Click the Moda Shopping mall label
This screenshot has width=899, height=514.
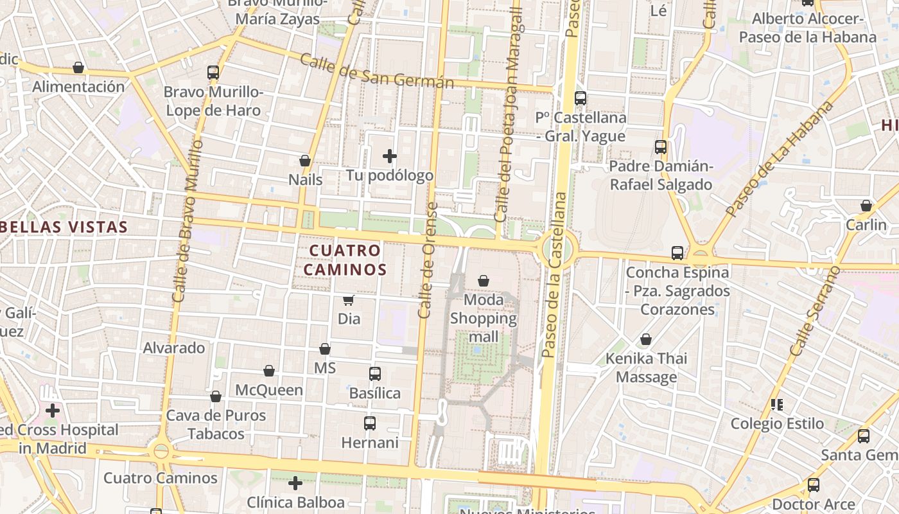click(x=483, y=318)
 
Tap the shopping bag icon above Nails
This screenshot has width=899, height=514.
click(x=305, y=161)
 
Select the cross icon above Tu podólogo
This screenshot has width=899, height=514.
click(x=390, y=156)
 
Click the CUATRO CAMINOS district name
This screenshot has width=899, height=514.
click(x=345, y=260)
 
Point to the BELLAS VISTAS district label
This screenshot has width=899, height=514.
click(x=64, y=227)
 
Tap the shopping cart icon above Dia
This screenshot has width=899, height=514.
click(x=348, y=300)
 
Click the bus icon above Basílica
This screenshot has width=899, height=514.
click(x=375, y=373)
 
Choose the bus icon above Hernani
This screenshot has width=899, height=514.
click(x=370, y=423)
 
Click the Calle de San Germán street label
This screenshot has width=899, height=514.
click(x=376, y=72)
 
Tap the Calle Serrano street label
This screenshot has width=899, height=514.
click(x=815, y=312)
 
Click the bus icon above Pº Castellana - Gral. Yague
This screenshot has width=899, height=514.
click(x=580, y=98)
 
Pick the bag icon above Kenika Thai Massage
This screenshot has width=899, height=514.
click(x=646, y=339)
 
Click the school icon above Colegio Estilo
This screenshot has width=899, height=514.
click(x=777, y=405)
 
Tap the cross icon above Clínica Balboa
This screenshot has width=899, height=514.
click(x=295, y=483)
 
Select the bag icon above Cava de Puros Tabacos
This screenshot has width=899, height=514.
click(x=216, y=396)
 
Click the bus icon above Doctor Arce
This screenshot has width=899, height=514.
click(x=814, y=485)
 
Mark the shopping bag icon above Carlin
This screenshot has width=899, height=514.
click(x=866, y=206)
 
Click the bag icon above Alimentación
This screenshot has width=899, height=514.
click(x=78, y=67)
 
